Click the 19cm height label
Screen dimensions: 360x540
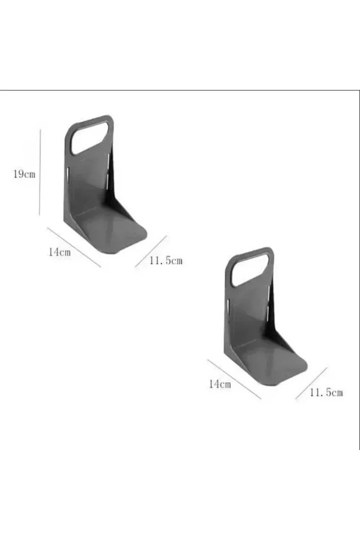(24, 174)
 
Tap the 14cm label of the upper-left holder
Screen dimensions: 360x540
(59, 252)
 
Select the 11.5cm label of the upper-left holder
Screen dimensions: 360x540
(166, 260)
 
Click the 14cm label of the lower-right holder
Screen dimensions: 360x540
(220, 384)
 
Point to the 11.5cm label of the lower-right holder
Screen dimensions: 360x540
(326, 393)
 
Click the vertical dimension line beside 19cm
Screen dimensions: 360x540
(40, 172)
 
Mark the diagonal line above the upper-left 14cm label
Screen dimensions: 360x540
(74, 247)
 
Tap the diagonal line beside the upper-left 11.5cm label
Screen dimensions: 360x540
(151, 251)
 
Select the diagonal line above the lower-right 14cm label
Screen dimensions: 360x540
(234, 379)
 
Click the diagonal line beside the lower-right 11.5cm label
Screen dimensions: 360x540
(311, 383)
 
